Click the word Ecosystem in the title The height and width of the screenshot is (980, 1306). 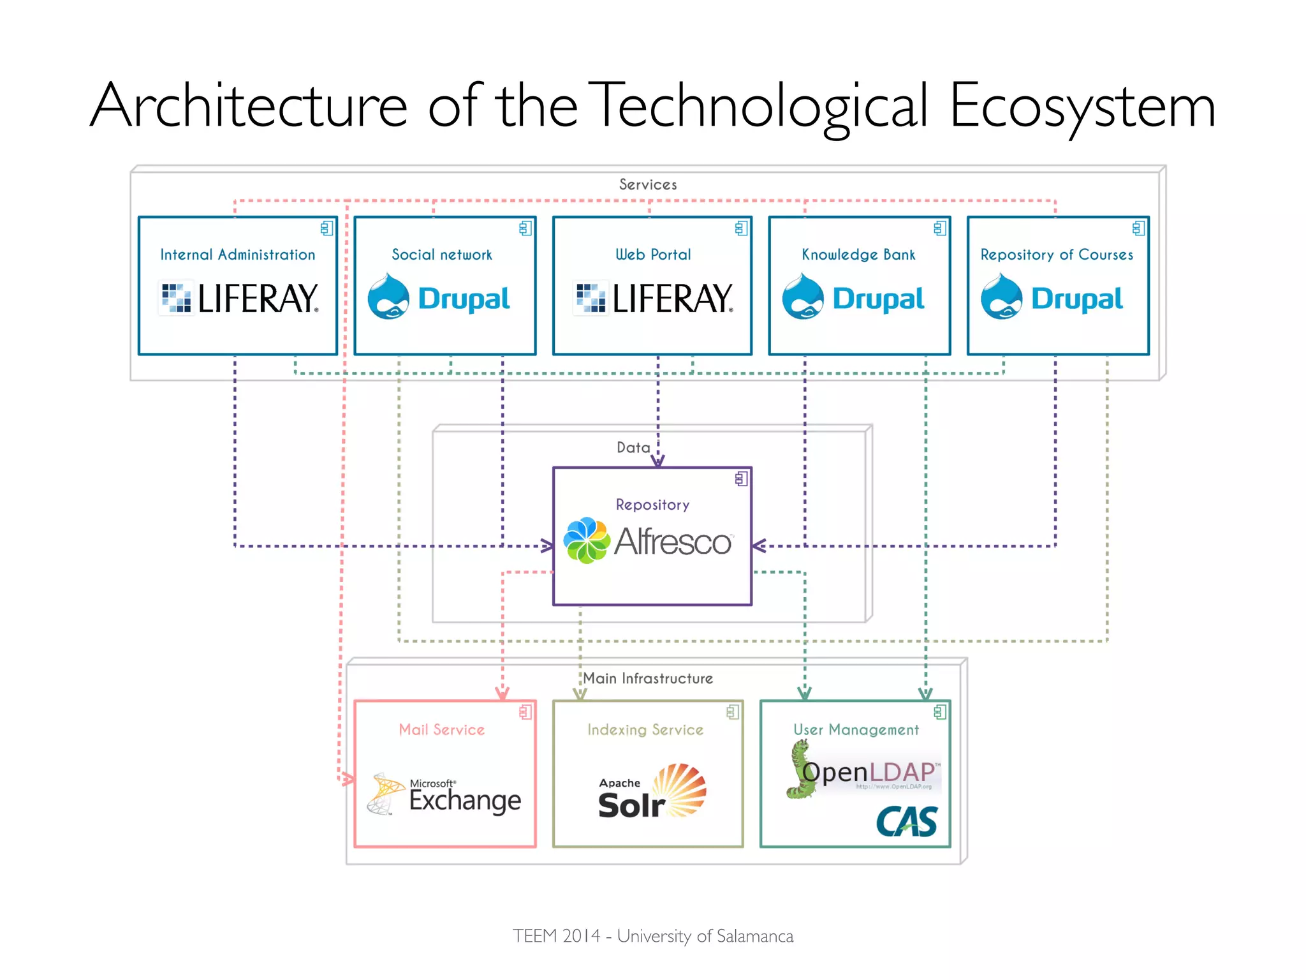tap(1082, 106)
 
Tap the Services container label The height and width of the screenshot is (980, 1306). tap(648, 184)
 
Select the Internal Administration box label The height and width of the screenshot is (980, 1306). tap(237, 255)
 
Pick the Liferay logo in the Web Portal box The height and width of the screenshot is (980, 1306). tap(653, 298)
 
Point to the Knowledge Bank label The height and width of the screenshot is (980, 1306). tap(858, 255)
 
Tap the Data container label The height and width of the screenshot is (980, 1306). tap(633, 447)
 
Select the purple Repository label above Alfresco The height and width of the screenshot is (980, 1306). tap(652, 505)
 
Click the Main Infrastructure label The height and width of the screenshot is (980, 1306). tap(648, 678)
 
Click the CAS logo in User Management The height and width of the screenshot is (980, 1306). tap(906, 821)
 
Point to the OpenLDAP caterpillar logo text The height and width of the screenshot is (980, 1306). tap(870, 772)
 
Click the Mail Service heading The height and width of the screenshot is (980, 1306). tap(441, 729)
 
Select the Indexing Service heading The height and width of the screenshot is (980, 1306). tap(645, 729)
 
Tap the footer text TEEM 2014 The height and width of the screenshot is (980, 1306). tap(556, 936)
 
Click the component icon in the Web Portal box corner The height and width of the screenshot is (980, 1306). tap(741, 228)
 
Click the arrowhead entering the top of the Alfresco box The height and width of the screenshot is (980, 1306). tap(658, 461)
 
